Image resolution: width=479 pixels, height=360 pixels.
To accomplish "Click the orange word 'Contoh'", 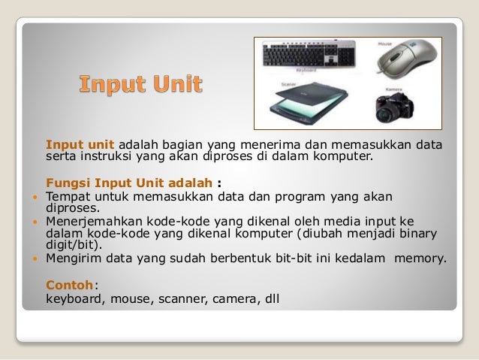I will point(70,285).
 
